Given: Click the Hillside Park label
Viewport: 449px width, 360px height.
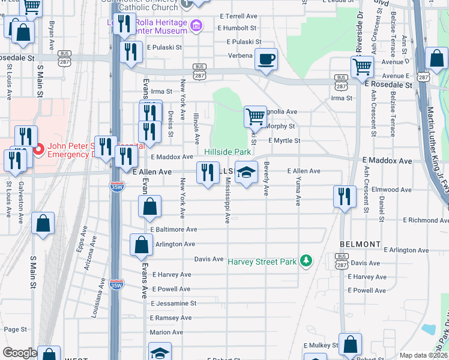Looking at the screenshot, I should [228, 152].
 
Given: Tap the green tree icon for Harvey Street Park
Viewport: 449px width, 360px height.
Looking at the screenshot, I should [307, 260].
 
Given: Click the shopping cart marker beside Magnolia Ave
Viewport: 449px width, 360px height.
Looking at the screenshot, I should [255, 116].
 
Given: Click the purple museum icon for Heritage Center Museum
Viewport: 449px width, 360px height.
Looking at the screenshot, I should [196, 25].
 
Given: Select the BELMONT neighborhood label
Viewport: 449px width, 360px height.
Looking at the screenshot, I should [360, 245].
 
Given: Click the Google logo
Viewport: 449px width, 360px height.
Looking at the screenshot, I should [20, 353].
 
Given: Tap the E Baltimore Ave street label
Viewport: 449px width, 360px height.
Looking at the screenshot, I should [173, 229].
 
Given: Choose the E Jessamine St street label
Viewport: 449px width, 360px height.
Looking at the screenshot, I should [173, 304].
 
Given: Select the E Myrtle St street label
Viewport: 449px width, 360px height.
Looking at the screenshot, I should [287, 140].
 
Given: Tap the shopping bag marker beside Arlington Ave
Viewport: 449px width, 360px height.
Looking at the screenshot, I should [141, 244].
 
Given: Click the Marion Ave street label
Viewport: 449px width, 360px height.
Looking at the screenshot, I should [166, 332].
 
